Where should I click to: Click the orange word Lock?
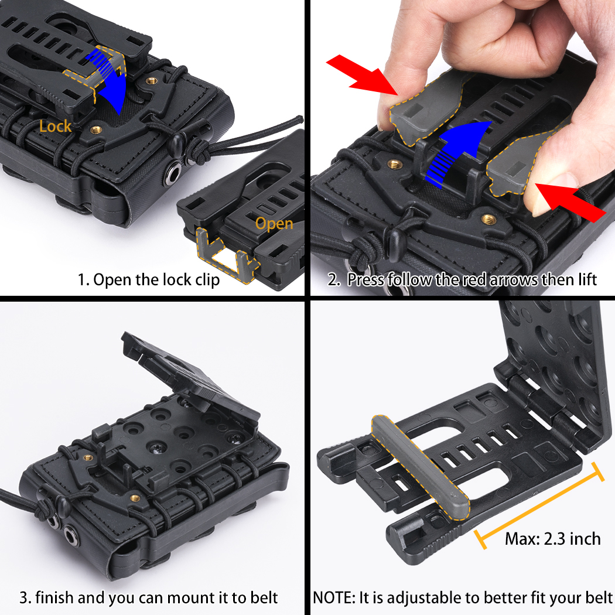[x=56, y=126]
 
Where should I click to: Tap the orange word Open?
[x=274, y=224]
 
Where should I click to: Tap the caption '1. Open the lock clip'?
[x=149, y=279]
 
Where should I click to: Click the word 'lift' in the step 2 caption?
[x=583, y=279]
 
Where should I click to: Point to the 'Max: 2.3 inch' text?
[x=553, y=538]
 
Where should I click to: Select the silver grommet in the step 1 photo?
[x=175, y=173]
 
